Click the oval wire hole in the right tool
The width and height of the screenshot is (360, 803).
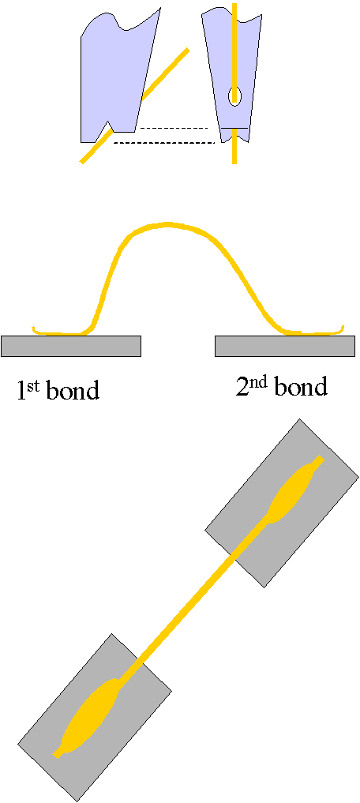[234, 96]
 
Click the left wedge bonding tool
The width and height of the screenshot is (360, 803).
[118, 77]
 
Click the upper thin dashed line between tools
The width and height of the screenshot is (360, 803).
[174, 128]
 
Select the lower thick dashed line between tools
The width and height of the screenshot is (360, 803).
[163, 142]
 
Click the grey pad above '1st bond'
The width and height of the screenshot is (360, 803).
[71, 346]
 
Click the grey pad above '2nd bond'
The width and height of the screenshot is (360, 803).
[285, 346]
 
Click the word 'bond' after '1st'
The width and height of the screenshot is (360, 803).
[73, 390]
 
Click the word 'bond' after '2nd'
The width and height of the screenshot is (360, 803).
[301, 387]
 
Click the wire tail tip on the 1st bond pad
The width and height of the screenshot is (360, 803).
[33, 328]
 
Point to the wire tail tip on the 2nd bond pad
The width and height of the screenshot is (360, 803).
[343, 327]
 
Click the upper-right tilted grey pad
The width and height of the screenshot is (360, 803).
[282, 503]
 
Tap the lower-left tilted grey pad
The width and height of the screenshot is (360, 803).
[95, 718]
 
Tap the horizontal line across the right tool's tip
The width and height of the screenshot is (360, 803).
[234, 128]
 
